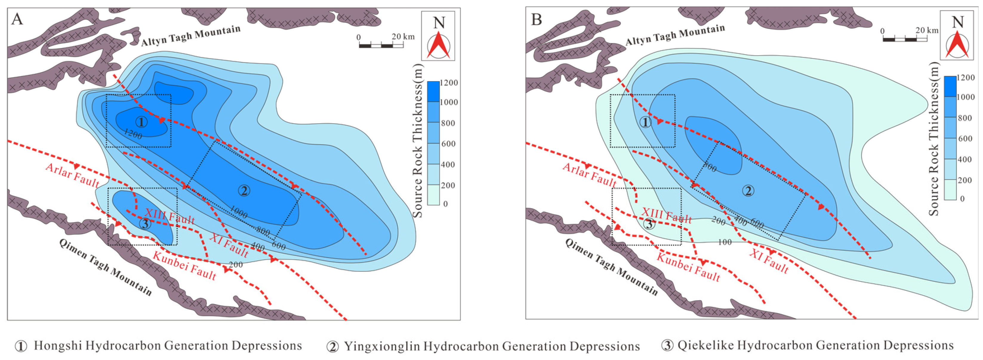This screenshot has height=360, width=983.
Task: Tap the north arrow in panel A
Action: tap(438, 45)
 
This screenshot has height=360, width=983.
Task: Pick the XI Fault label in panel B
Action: tap(769, 261)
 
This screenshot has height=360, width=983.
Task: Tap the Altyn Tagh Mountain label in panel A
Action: tap(191, 36)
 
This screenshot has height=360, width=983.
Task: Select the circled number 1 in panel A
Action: tap(141, 122)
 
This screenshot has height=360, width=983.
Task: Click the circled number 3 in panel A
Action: tap(145, 224)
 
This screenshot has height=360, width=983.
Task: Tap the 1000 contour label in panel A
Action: tap(238, 213)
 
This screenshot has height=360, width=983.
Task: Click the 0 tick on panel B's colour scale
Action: tap(962, 199)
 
